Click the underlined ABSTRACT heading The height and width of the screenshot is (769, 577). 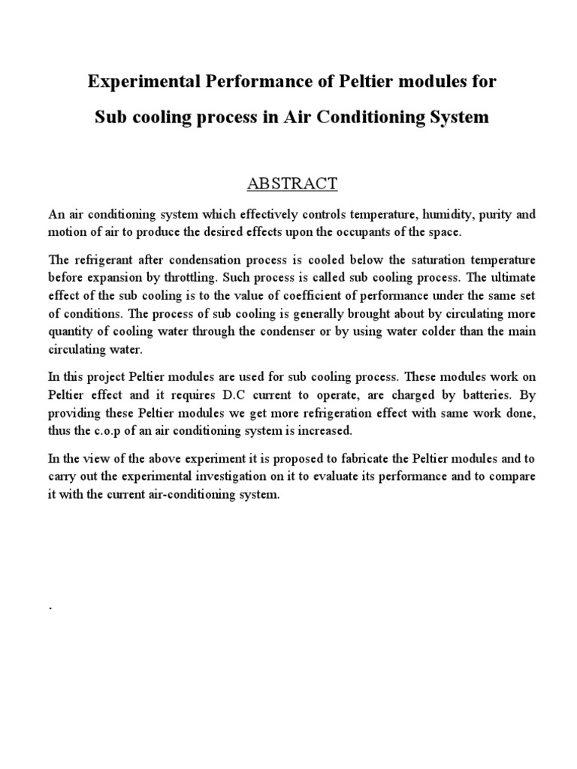(x=288, y=182)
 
